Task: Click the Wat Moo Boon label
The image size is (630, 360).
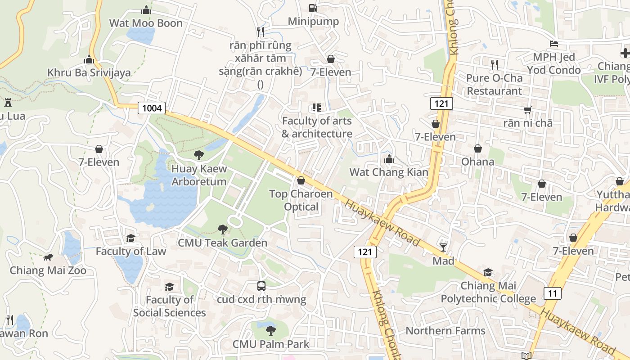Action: point(146,23)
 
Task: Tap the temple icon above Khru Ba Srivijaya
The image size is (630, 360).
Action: point(89,59)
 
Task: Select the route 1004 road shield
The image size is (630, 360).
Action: point(152,108)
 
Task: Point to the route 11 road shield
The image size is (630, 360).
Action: point(553,293)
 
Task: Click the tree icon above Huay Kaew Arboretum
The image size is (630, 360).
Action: point(198,155)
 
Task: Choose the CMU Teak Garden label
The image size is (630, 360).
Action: point(222,243)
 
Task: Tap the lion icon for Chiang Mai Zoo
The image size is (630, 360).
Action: point(48,257)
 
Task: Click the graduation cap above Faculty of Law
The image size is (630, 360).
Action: point(131,238)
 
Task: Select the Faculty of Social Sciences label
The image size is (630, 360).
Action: point(169,306)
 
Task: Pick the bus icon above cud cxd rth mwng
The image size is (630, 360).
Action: point(261,286)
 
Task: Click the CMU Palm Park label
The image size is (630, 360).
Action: point(270,344)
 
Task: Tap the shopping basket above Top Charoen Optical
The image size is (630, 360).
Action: point(301,180)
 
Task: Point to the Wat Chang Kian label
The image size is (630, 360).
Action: point(389,172)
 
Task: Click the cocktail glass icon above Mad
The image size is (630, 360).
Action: point(443,247)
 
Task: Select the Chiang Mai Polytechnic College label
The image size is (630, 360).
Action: point(488,292)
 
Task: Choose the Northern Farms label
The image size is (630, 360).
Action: point(445,331)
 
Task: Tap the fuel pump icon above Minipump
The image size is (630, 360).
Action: point(313,8)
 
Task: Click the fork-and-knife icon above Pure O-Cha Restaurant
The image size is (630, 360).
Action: point(495,64)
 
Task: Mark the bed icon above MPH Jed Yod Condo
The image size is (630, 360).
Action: point(554,44)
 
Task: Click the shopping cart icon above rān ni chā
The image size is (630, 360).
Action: point(528,110)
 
